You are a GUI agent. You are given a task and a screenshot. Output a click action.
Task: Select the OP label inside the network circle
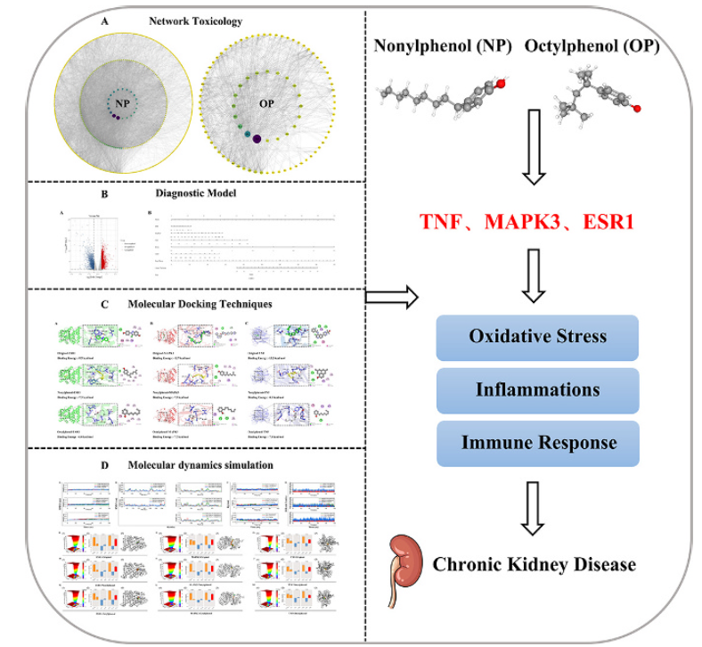click(x=267, y=99)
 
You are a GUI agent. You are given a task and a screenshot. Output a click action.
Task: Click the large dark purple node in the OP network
click(x=257, y=138)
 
